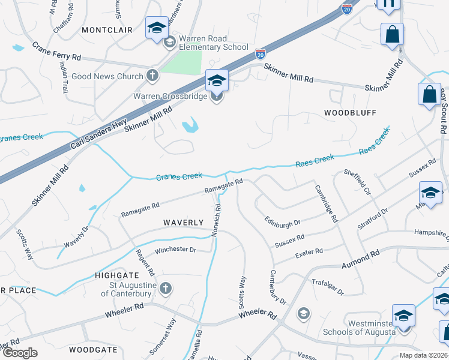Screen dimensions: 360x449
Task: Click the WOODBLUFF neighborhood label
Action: (350, 112)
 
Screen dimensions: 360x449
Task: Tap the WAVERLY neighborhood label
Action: (184, 222)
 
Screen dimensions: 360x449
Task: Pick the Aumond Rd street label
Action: (361, 260)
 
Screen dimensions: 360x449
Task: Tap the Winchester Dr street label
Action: (175, 250)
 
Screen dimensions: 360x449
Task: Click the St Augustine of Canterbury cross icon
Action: (166, 289)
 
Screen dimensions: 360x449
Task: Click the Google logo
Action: (20, 353)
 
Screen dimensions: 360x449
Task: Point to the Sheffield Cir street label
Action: (357, 181)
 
